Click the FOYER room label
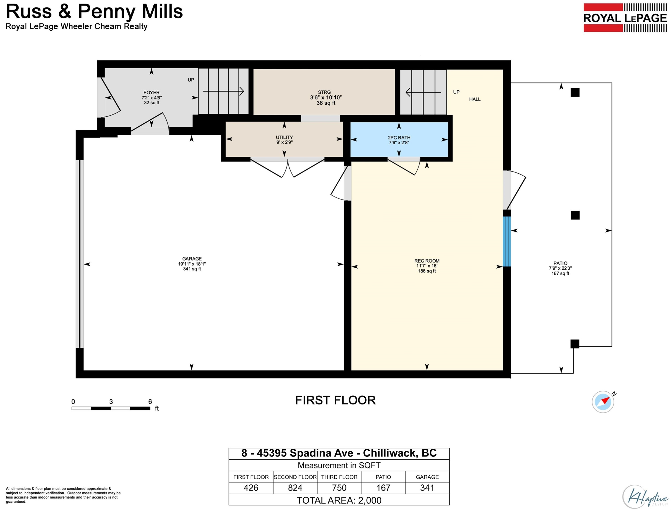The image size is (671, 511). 151,93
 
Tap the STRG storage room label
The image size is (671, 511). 324,92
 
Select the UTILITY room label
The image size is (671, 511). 284,137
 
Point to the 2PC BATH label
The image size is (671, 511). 399,137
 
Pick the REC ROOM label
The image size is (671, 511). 427,261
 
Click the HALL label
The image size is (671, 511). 475,99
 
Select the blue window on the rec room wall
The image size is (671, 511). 507,242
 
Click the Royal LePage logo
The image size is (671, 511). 625,18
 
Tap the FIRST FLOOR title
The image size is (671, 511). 335,400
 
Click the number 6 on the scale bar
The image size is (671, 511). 150,402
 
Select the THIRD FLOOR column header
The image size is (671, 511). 339,477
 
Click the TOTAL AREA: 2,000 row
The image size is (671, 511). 339,500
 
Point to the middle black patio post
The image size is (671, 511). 575,215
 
